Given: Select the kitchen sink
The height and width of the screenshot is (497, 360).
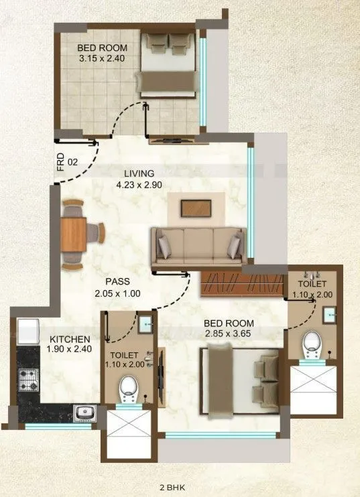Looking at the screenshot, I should tap(82, 412).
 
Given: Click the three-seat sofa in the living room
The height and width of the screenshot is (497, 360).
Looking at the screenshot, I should tap(196, 245).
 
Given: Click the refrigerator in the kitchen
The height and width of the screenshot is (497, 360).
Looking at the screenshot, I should tap(29, 331).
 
